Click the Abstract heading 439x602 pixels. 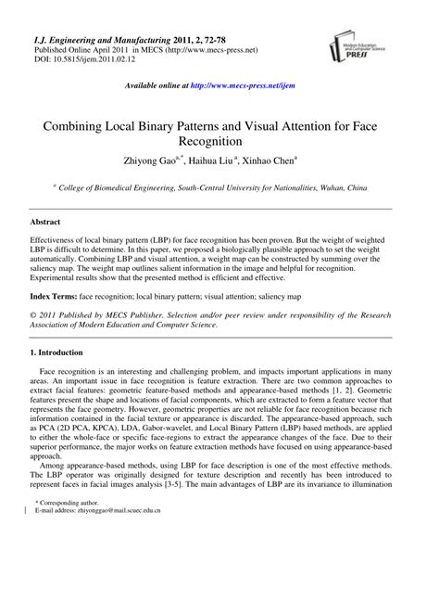(45, 224)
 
